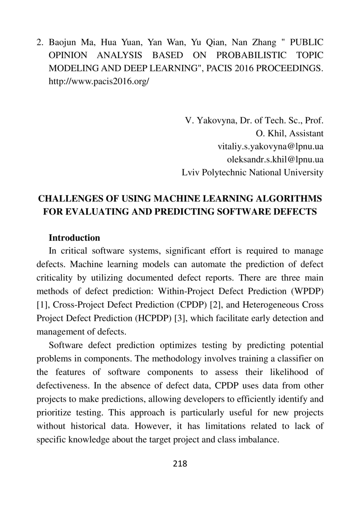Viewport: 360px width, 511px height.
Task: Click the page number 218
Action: pos(180,464)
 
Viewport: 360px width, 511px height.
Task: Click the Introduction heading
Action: pos(74,238)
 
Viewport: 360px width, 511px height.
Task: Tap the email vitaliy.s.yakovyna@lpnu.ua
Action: pos(270,146)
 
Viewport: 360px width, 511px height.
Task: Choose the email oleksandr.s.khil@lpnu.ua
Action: pos(275,159)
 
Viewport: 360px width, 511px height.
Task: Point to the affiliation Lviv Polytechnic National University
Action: pos(252,172)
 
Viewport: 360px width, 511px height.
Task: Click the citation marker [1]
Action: pos(42,305)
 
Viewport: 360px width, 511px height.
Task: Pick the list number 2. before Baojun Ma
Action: pos(40,42)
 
